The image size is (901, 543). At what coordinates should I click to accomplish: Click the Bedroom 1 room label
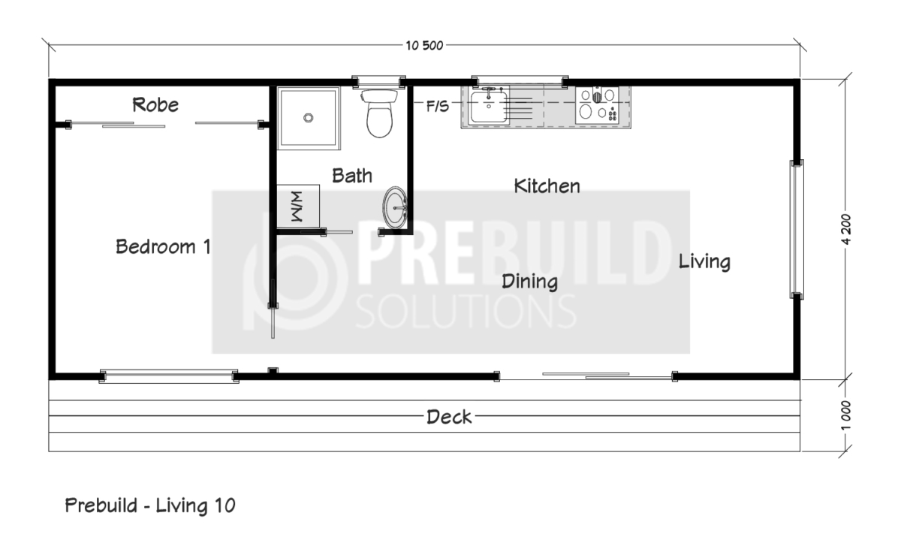(x=164, y=246)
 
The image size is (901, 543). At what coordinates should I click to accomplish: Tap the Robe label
(x=155, y=105)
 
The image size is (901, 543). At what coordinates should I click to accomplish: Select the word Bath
(x=352, y=176)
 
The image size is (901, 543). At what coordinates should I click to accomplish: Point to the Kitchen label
(x=547, y=186)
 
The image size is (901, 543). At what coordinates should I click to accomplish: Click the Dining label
(x=530, y=282)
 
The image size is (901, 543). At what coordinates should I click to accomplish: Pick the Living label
(x=704, y=262)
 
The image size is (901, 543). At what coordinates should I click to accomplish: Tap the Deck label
(x=449, y=417)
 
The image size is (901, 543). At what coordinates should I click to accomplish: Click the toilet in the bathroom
(x=379, y=113)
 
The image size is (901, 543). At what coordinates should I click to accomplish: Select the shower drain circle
(x=309, y=118)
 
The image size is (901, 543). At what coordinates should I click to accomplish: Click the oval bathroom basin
(x=395, y=207)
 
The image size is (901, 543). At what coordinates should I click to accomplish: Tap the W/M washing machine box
(x=298, y=207)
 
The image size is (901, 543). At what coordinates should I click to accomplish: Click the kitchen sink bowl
(x=489, y=107)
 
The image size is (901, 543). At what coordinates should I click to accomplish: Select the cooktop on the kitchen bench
(x=597, y=105)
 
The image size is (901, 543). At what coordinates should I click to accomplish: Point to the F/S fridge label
(x=437, y=107)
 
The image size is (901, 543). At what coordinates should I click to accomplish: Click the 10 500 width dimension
(x=424, y=46)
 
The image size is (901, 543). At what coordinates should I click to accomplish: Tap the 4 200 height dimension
(x=846, y=229)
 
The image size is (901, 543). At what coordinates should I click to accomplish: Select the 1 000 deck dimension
(x=846, y=415)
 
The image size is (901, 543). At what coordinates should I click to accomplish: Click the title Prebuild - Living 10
(x=150, y=505)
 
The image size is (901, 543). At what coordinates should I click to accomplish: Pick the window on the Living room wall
(x=797, y=230)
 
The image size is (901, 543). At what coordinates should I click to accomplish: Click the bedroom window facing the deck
(x=169, y=376)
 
